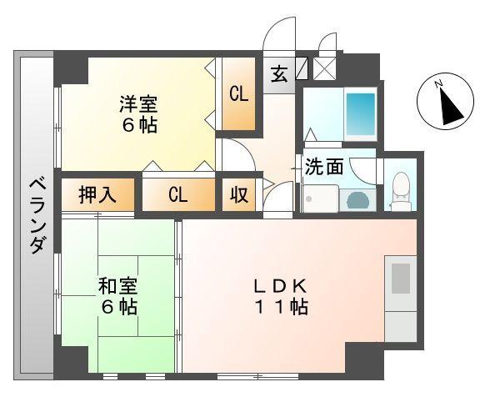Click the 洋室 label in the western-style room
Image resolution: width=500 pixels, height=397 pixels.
coord(138,105)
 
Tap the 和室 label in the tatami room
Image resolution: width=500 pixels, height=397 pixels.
coord(117,286)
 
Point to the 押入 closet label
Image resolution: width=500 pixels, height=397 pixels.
coord(97,195)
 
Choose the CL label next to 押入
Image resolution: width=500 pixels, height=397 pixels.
coord(177,195)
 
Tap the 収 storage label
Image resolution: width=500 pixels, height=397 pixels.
coord(238,195)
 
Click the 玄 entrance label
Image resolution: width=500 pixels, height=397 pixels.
coord(279,73)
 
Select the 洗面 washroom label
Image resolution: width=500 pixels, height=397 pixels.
coord(324,167)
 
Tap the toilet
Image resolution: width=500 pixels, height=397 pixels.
coord(400,189)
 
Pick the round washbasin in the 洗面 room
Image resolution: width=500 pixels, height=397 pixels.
coord(357,200)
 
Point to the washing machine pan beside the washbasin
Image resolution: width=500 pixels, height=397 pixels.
coord(321,199)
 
